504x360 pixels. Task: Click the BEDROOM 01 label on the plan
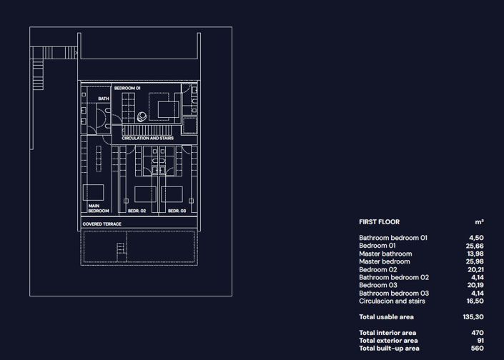(x=128, y=88)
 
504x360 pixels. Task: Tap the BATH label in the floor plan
(x=104, y=99)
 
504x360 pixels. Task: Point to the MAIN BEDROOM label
(x=99, y=209)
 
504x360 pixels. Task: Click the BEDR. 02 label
(x=137, y=211)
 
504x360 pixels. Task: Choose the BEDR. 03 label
(x=177, y=211)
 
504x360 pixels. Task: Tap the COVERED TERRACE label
(x=102, y=224)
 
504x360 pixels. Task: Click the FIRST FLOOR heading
(x=379, y=222)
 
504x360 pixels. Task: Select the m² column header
(x=479, y=222)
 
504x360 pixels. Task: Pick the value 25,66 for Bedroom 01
(x=475, y=246)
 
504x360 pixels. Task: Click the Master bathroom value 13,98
(x=475, y=254)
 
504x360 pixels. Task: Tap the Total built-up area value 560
(x=477, y=349)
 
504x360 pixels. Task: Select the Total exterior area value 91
(x=480, y=341)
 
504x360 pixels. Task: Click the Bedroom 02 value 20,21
(x=475, y=269)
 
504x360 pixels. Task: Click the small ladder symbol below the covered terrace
(x=121, y=249)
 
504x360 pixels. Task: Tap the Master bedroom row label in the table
(x=385, y=261)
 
